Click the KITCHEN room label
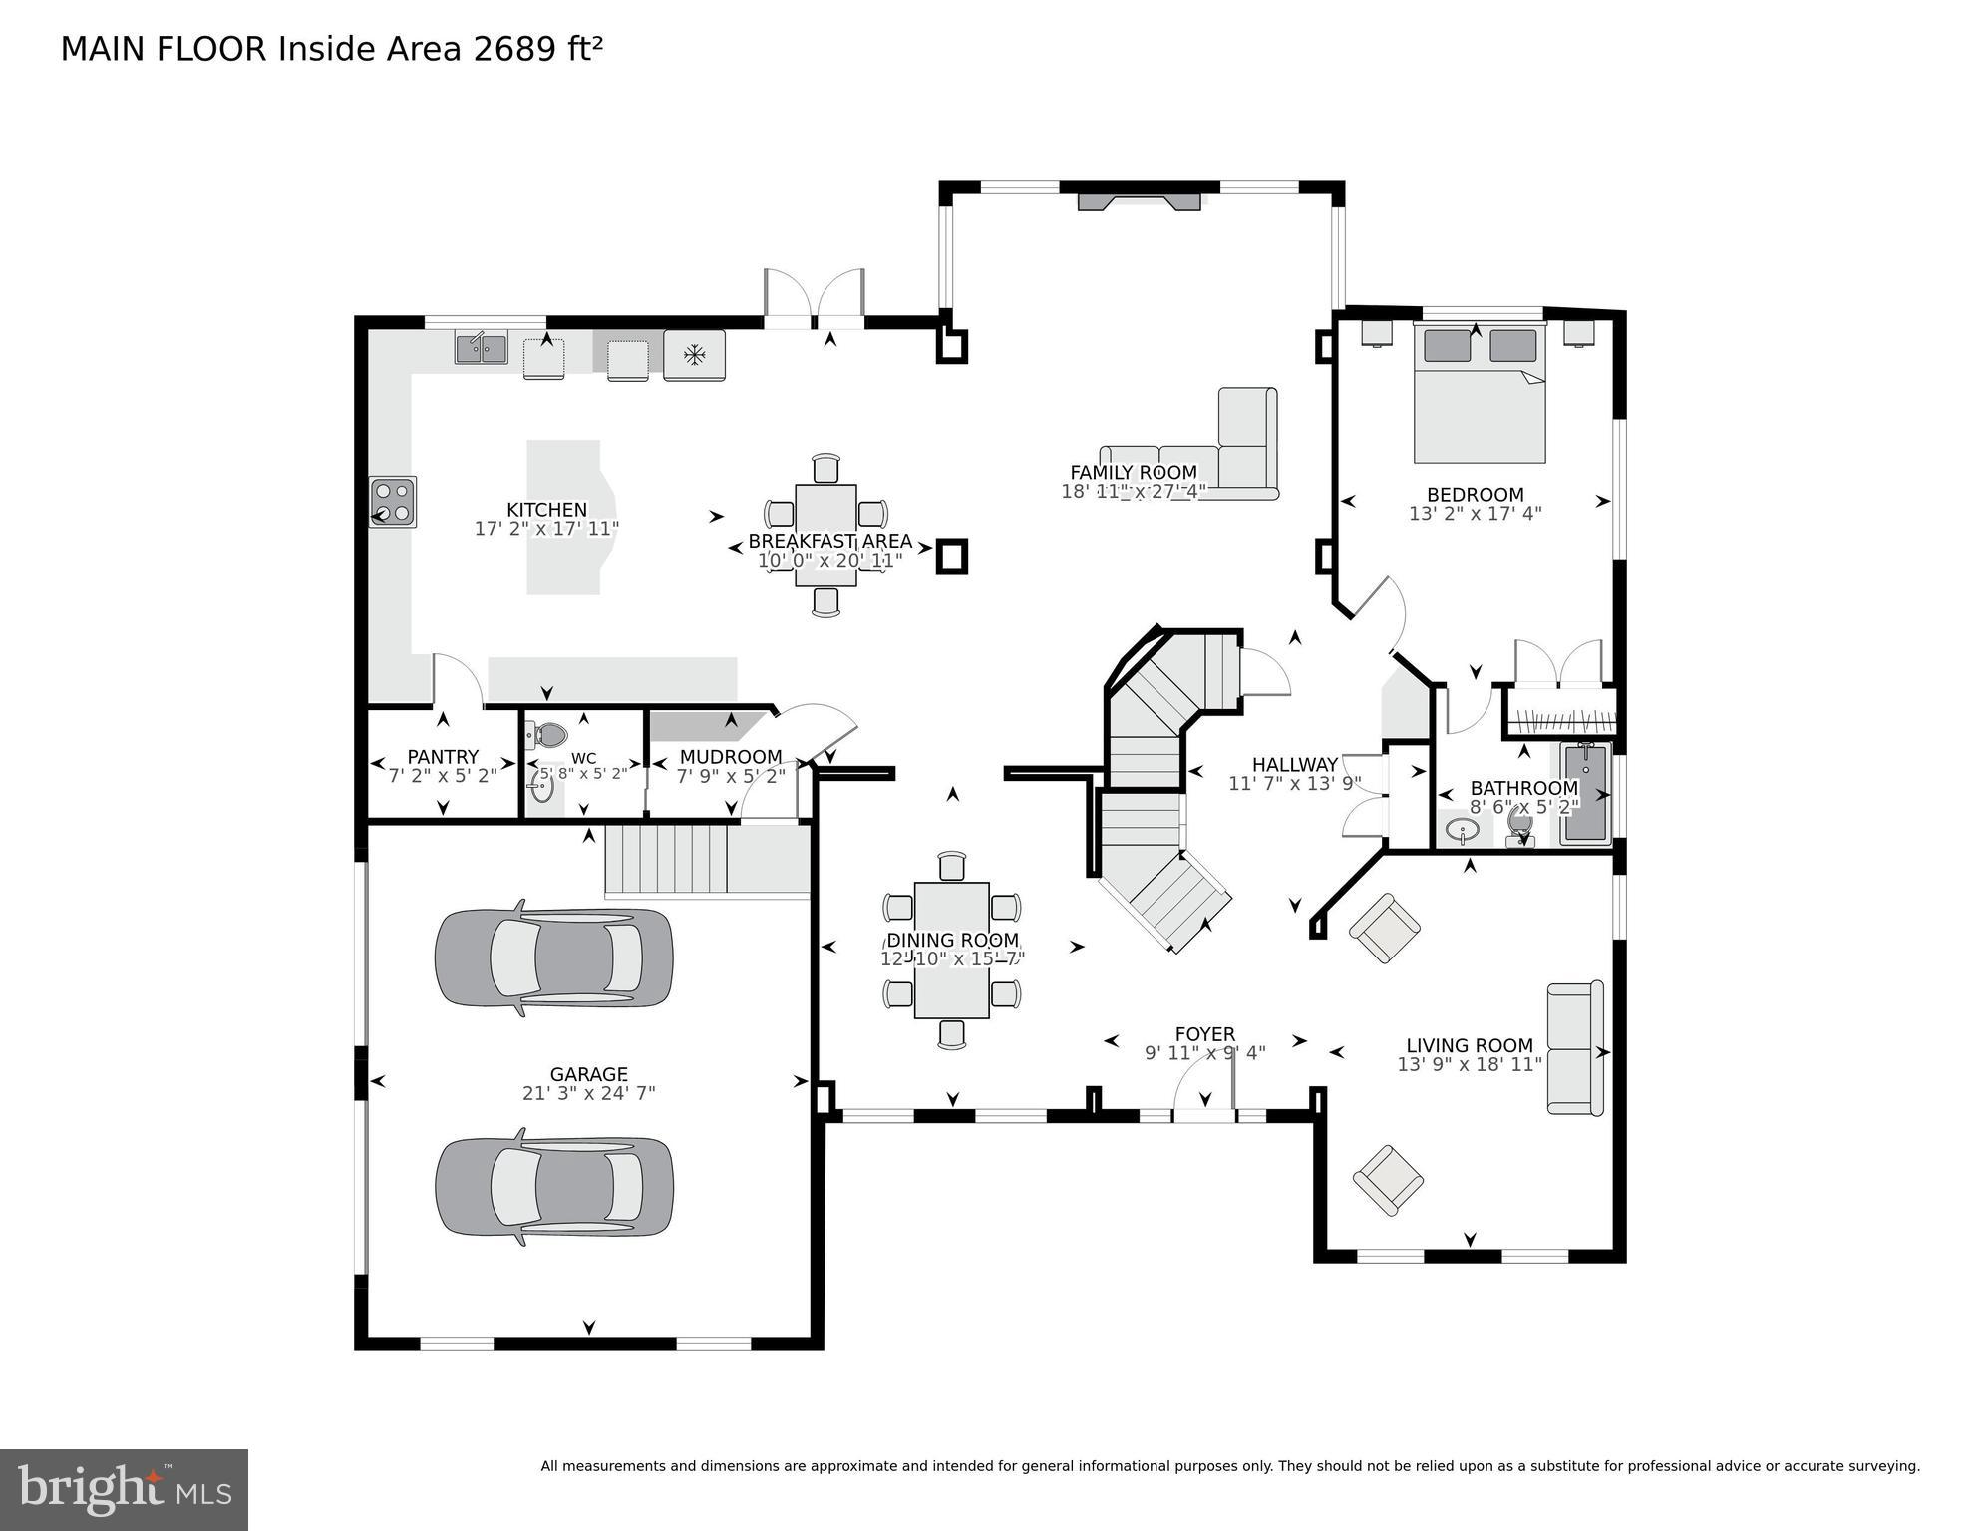(x=546, y=510)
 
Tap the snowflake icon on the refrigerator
(x=694, y=355)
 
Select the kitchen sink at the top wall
(x=482, y=349)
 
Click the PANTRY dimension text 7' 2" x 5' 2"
(x=443, y=776)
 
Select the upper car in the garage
(x=553, y=958)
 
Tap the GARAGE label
(x=588, y=1074)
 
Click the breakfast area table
(x=825, y=535)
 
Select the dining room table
(x=951, y=950)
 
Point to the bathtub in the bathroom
(x=1585, y=793)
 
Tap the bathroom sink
(x=1463, y=830)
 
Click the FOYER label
(x=1204, y=1034)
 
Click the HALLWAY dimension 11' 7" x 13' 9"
(x=1294, y=784)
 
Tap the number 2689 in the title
(x=514, y=49)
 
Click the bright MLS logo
(x=124, y=1489)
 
